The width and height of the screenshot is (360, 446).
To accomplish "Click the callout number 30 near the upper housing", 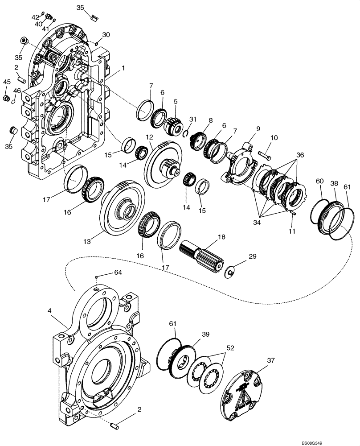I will [106, 35].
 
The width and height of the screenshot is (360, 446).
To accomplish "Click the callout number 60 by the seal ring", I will [319, 182].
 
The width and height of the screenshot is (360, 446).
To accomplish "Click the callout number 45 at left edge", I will [7, 82].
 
